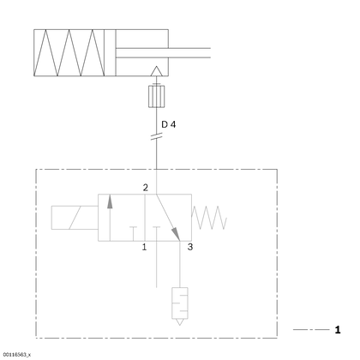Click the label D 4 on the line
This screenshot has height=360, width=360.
[x=169, y=124]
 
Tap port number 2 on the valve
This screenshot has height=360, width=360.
[x=146, y=188]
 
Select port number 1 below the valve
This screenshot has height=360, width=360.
[x=144, y=247]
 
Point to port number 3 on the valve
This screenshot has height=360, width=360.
[x=190, y=247]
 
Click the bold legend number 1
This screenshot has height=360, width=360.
[x=338, y=330]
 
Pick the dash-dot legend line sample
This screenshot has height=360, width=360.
[x=311, y=330]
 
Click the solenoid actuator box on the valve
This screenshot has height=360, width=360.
[x=75, y=218]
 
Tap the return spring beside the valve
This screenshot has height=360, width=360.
[x=209, y=218]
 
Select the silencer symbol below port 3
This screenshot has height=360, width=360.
[x=180, y=306]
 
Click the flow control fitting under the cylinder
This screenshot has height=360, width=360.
[x=157, y=96]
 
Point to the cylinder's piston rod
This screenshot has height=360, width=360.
[x=163, y=53]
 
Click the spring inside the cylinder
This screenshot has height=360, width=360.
[x=69, y=53]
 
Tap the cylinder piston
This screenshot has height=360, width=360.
[x=110, y=53]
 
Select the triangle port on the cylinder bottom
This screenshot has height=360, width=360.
[x=156, y=71]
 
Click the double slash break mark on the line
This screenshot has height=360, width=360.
[x=156, y=137]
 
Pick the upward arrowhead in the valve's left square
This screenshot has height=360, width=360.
[x=110, y=201]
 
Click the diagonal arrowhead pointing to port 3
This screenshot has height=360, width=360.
[x=176, y=234]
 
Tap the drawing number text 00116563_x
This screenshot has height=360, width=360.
[x=17, y=355]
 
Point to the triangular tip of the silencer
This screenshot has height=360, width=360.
[x=180, y=322]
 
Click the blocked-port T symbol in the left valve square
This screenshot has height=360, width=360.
[x=133, y=234]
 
